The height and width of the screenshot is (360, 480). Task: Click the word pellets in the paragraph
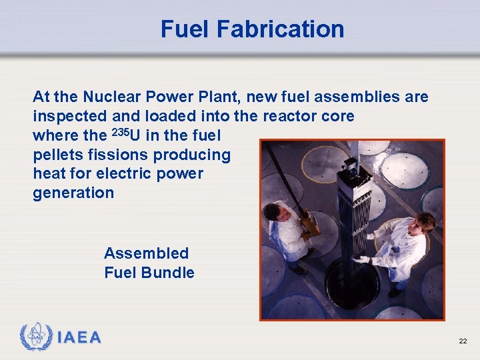58,155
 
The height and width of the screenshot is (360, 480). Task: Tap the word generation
73,193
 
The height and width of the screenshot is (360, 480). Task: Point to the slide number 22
463,341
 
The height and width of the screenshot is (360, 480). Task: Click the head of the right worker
424,223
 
